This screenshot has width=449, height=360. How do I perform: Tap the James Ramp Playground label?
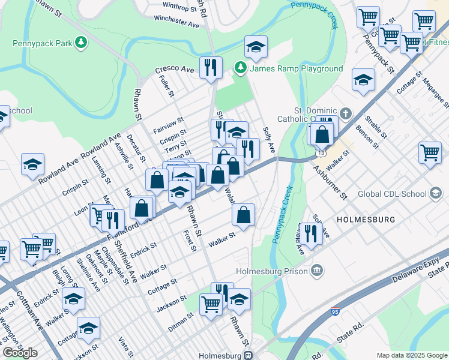click(x=296, y=68)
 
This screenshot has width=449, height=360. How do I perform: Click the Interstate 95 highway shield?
click(x=334, y=312)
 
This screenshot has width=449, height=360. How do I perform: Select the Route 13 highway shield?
click(x=315, y=155)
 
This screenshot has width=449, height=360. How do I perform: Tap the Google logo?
click(x=20, y=352)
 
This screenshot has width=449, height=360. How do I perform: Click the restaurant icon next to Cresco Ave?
click(x=210, y=68)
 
